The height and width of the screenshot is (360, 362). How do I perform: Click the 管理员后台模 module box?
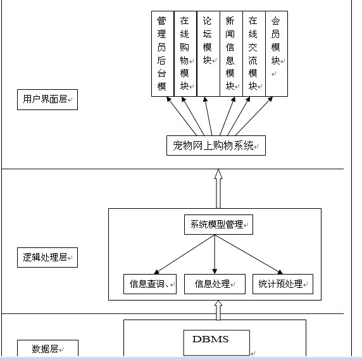click(x=162, y=54)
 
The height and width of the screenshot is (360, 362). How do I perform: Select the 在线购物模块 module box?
click(x=185, y=54)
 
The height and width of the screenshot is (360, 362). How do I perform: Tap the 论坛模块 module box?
click(x=208, y=54)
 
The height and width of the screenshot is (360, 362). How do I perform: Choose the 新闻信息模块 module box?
click(x=230, y=54)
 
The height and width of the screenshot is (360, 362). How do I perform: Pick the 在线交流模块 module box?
click(x=253, y=54)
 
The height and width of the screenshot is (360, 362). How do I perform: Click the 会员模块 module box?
click(x=275, y=54)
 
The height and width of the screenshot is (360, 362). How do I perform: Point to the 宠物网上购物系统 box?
click(x=216, y=146)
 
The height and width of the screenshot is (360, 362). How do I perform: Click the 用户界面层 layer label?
click(x=47, y=99)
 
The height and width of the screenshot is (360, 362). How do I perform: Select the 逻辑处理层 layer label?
click(x=47, y=258)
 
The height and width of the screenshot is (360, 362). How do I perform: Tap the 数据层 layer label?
click(x=47, y=349)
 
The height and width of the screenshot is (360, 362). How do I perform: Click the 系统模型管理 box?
click(x=218, y=225)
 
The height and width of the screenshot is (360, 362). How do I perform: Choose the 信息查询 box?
click(x=149, y=284)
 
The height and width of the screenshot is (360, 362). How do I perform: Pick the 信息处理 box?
click(x=215, y=284)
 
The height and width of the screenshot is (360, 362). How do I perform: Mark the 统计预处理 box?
click(x=282, y=284)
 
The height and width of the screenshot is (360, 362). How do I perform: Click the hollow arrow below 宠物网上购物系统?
click(x=218, y=188)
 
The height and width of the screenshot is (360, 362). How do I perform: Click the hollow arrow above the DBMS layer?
click(x=218, y=309)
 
